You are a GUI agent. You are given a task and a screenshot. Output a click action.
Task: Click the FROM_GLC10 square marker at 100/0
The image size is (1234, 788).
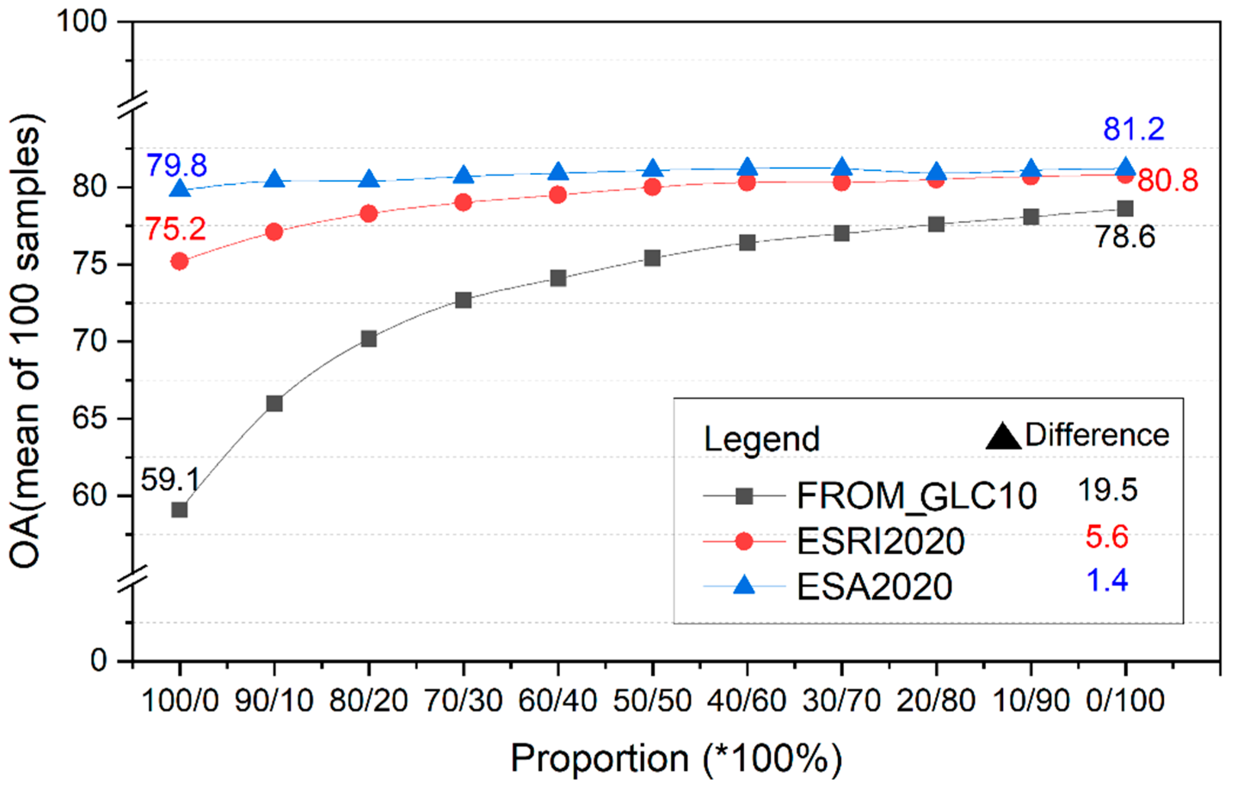click(179, 510)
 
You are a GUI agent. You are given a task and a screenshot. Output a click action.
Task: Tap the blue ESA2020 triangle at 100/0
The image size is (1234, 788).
click(180, 189)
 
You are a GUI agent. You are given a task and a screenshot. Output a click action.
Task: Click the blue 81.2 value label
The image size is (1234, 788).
click(1133, 129)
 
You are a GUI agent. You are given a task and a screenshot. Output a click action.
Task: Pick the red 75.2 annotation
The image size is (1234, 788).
click(176, 229)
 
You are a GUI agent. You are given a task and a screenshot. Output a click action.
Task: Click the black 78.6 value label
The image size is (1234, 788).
click(1125, 237)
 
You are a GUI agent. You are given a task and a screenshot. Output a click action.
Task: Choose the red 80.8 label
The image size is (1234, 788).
click(1167, 180)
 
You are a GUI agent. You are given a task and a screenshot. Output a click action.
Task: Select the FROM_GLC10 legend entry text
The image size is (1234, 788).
click(917, 496)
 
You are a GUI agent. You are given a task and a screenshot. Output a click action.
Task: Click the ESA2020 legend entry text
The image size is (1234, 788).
click(874, 587)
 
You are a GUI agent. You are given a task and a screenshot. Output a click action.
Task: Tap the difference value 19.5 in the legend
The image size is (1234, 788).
click(1107, 490)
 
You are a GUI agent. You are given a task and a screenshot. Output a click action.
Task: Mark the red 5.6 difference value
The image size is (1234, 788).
click(1107, 537)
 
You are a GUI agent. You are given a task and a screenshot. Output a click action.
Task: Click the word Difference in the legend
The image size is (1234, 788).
click(1097, 435)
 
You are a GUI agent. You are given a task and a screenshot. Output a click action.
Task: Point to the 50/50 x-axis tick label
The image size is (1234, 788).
click(652, 701)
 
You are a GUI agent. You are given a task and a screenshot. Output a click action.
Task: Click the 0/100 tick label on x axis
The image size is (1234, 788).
click(1125, 701)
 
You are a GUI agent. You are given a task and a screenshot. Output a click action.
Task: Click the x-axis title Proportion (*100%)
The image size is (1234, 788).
click(676, 758)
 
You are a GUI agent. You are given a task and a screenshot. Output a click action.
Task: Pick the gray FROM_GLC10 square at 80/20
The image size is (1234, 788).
click(369, 339)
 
